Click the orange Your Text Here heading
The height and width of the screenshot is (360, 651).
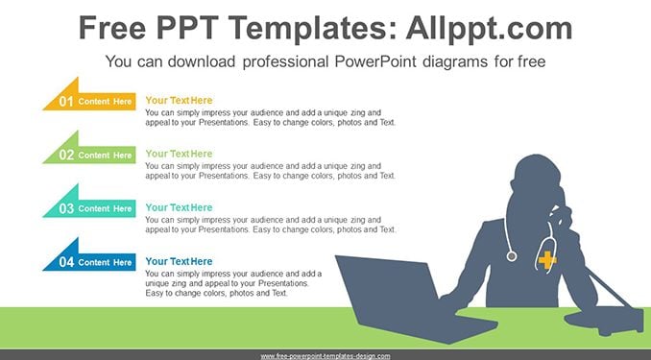pyautogui.click(x=179, y=101)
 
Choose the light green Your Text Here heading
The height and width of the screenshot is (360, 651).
pyautogui.click(x=179, y=154)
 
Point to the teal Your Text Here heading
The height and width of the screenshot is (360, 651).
pyautogui.click(x=179, y=207)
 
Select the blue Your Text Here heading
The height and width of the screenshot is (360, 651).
pyautogui.click(x=179, y=261)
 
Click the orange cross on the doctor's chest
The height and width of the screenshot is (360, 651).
pyautogui.click(x=547, y=259)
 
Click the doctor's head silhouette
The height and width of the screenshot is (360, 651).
pyautogui.click(x=536, y=182)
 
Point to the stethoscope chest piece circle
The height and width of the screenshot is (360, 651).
pyautogui.click(x=512, y=256)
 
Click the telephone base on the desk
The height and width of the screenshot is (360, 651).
pyautogui.click(x=604, y=320)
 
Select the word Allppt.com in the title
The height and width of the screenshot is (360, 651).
pyautogui.click(x=489, y=28)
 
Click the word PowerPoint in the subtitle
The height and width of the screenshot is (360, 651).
pyautogui.click(x=375, y=61)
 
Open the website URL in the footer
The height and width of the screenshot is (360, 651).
pyautogui.click(x=325, y=356)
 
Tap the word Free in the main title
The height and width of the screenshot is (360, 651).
pyautogui.click(x=112, y=28)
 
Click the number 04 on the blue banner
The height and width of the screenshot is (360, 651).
pyautogui.click(x=66, y=262)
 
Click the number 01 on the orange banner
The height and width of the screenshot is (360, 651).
pyautogui.click(x=66, y=102)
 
